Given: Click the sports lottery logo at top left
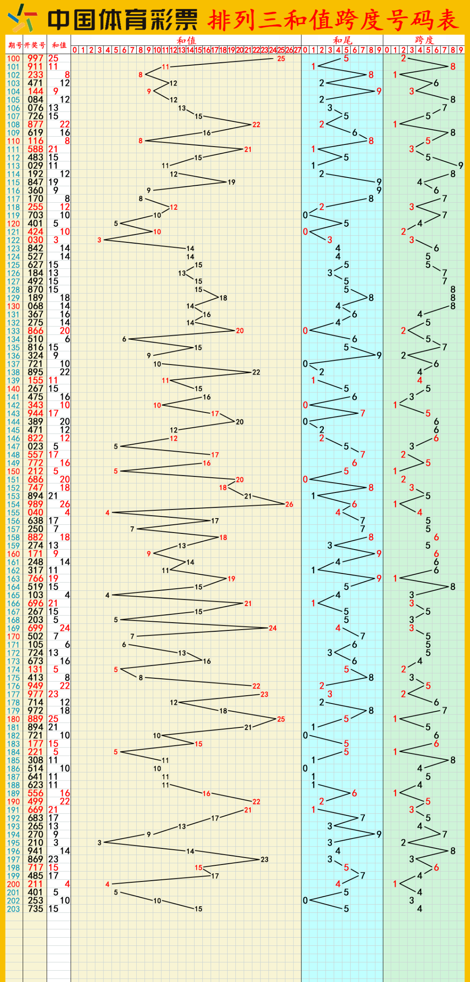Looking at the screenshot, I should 22,18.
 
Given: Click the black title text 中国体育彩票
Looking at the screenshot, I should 122,20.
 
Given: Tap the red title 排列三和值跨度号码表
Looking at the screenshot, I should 333,20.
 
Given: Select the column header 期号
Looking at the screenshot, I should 14,45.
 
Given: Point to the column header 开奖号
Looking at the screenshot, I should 35,45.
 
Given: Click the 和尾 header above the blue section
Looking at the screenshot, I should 342,40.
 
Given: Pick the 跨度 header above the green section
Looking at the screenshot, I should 424,40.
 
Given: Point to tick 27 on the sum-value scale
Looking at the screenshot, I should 298,50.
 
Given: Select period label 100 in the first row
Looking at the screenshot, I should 13,58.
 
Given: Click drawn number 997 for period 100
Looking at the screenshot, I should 35,58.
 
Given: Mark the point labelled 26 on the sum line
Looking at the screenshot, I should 289,504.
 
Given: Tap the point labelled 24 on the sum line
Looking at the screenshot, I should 273,628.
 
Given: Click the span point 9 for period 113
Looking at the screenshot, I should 461,165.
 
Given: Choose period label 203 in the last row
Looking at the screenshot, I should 13,909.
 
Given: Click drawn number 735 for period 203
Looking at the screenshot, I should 35,909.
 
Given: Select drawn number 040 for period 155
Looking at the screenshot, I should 35,513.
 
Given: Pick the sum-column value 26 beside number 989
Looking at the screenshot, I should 65,504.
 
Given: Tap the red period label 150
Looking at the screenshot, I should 13,471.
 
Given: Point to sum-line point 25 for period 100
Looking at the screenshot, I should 281,58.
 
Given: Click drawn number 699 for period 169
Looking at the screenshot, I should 35,628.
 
